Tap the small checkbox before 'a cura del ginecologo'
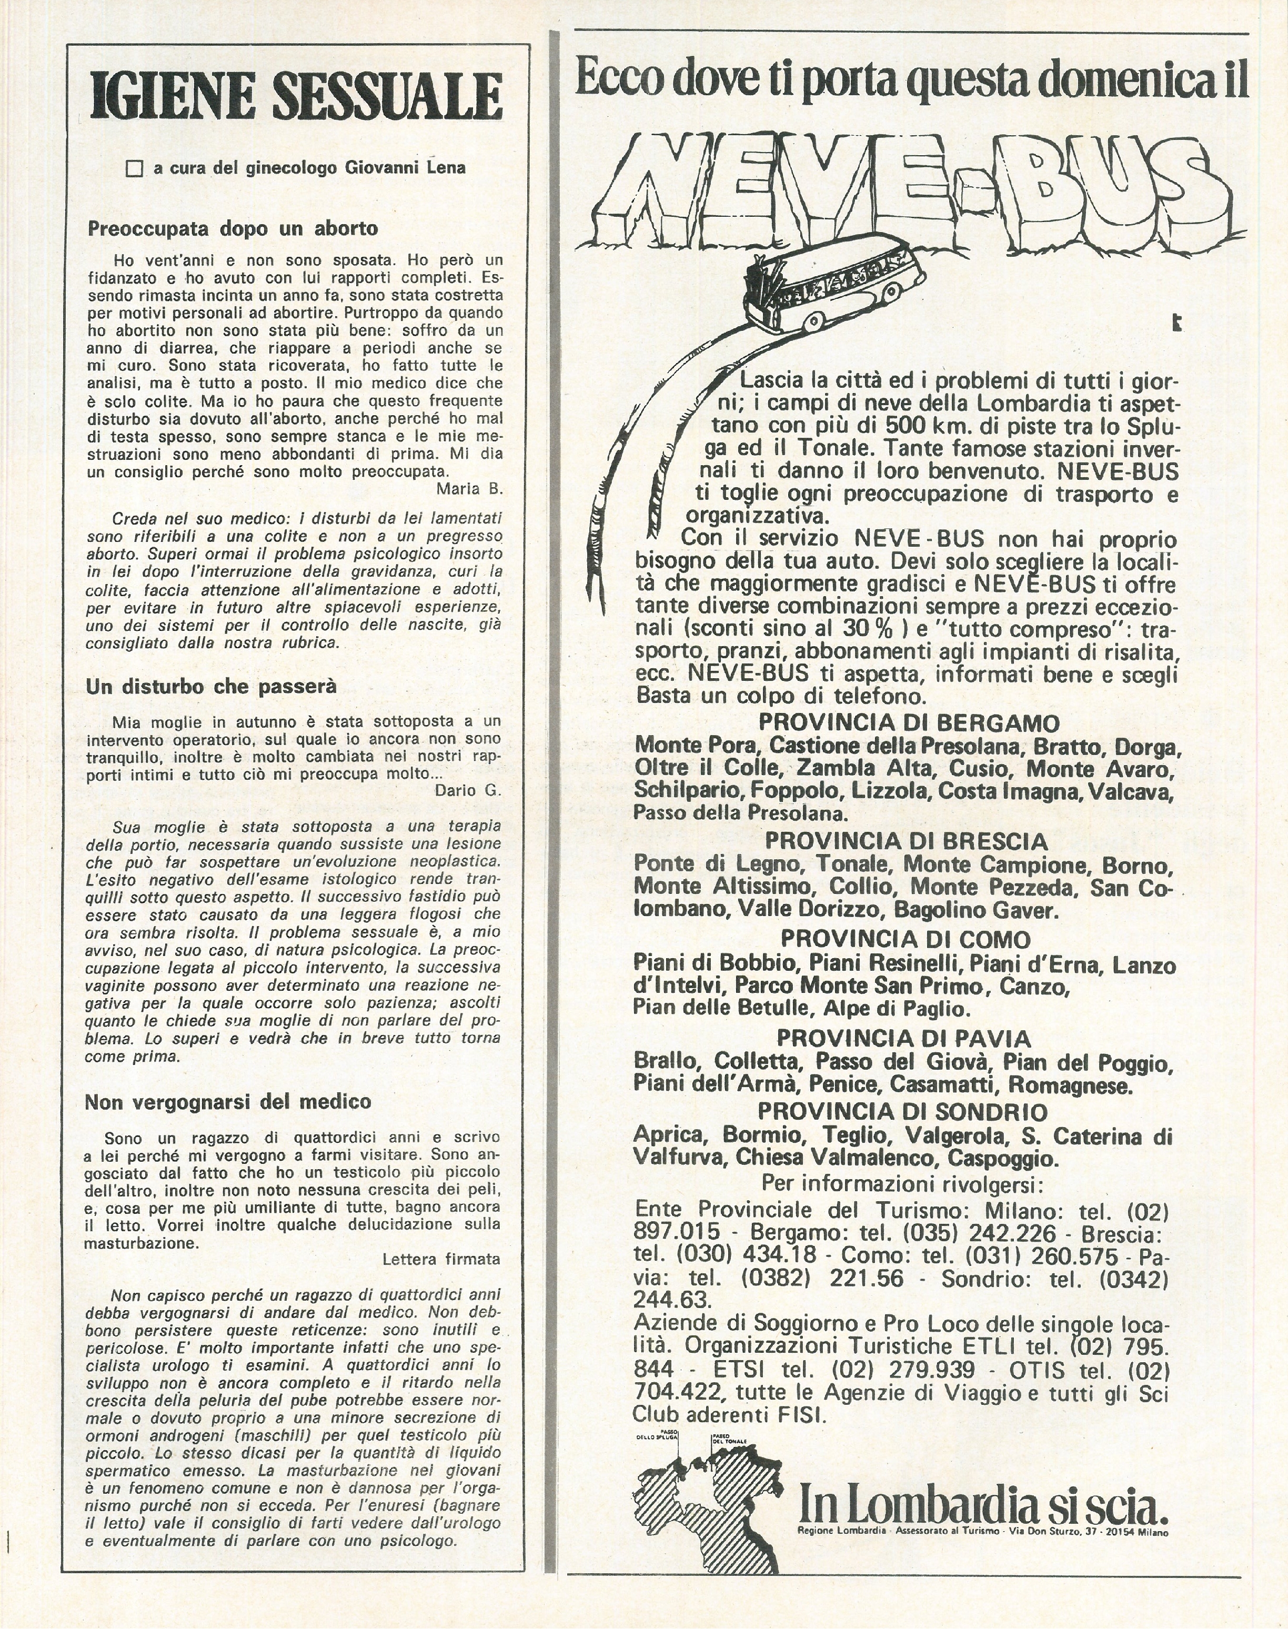134,168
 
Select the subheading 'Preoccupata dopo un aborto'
233,228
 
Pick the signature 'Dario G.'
468,790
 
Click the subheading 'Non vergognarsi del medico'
228,1102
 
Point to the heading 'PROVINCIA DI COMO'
905,939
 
